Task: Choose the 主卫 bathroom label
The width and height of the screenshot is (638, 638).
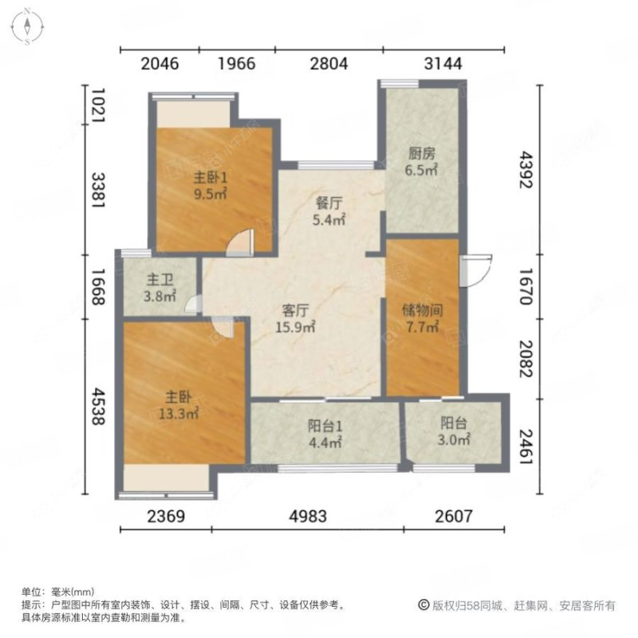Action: click(x=159, y=281)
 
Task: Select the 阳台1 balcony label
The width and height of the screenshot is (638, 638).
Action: click(x=325, y=425)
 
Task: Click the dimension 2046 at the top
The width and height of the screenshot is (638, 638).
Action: click(x=159, y=64)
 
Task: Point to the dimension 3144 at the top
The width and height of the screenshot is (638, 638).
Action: click(x=443, y=64)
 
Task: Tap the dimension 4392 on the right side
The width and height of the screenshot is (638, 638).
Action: click(x=523, y=168)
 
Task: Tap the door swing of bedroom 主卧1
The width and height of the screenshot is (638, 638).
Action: click(x=241, y=241)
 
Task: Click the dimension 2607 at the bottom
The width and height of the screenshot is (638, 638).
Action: click(x=453, y=515)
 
